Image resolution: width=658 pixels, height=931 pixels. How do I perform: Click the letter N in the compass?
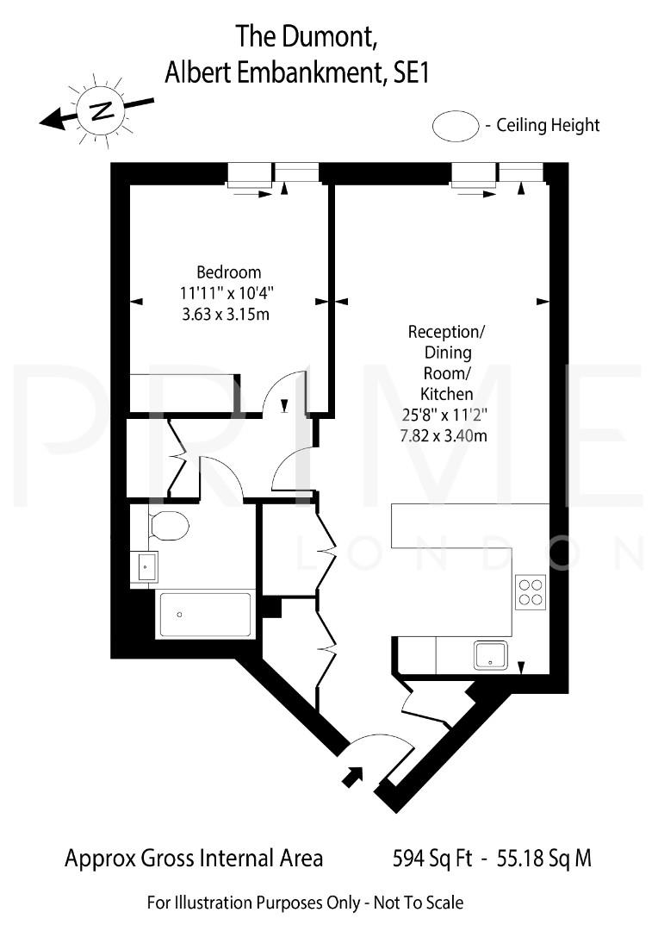[x=102, y=110]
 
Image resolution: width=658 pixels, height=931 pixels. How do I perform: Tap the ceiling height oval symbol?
[x=455, y=126]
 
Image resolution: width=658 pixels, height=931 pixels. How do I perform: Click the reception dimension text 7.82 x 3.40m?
[x=442, y=435]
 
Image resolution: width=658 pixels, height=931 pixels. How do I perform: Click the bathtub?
[x=205, y=614]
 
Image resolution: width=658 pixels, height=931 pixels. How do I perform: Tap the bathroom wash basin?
[x=146, y=567]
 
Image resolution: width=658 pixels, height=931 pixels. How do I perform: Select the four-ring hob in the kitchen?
[x=531, y=591]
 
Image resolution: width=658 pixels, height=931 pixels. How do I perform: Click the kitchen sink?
[x=494, y=655]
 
